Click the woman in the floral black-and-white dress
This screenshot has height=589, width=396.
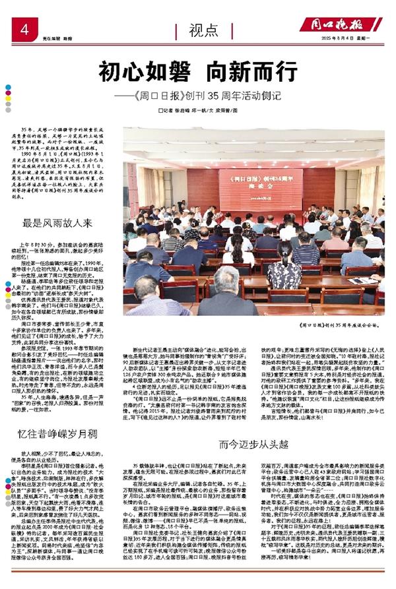(x=284, y=270)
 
